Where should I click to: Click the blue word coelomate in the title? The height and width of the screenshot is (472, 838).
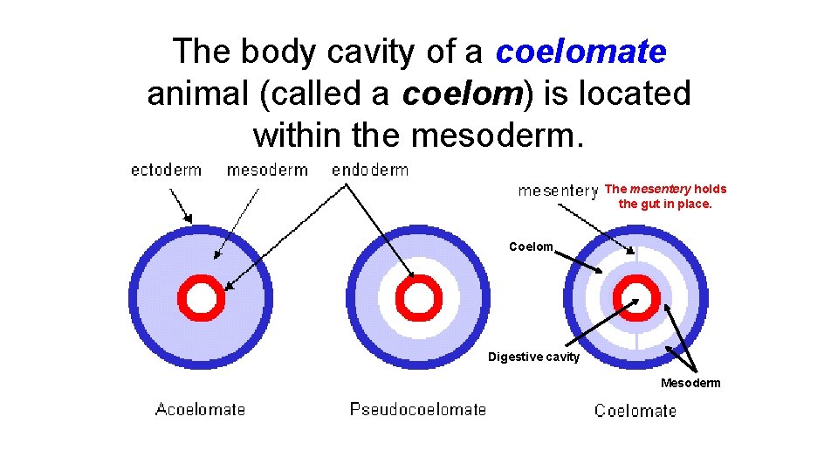click(x=580, y=52)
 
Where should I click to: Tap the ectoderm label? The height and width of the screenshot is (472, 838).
click(x=166, y=170)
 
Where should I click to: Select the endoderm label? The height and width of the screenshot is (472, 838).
click(x=370, y=170)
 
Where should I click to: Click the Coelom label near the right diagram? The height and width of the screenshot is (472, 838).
click(x=531, y=246)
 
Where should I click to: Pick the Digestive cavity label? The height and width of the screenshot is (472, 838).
click(x=533, y=357)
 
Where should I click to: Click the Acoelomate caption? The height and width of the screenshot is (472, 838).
click(x=200, y=409)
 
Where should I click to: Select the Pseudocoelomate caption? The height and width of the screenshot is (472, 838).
click(x=418, y=409)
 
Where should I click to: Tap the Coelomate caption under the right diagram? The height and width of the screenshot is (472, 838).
click(x=635, y=411)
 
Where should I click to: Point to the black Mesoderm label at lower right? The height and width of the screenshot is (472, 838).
click(x=690, y=383)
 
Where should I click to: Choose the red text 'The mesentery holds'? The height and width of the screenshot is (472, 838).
click(x=665, y=189)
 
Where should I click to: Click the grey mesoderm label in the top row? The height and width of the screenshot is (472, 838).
click(x=267, y=170)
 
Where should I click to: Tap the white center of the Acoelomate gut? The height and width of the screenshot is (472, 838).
click(x=202, y=299)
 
